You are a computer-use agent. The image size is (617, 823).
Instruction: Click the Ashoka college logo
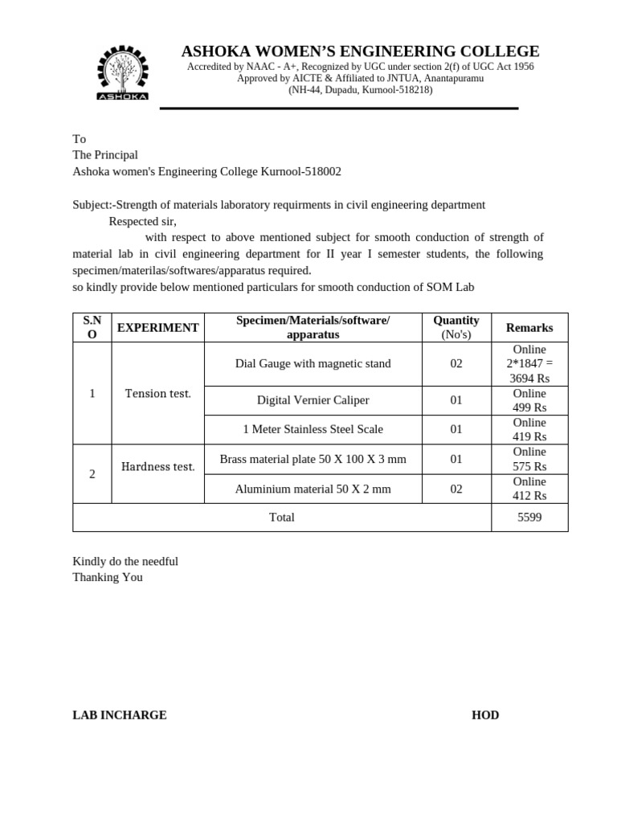tap(122, 73)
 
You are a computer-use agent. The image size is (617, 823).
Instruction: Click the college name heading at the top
tap(360, 51)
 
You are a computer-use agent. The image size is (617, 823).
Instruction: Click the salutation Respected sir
tap(142, 221)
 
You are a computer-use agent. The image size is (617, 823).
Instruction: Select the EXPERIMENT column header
tap(157, 328)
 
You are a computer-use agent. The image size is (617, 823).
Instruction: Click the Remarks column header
tap(529, 328)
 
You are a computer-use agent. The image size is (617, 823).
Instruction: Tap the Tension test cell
tap(157, 393)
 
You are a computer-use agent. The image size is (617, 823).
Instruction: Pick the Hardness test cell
tap(157, 466)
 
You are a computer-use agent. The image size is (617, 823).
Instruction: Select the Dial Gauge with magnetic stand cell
tap(313, 364)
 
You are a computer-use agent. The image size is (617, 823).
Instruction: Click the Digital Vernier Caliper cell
tap(313, 400)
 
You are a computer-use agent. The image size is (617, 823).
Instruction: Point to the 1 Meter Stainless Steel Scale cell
tap(313, 429)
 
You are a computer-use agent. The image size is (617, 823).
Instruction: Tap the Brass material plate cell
tap(313, 459)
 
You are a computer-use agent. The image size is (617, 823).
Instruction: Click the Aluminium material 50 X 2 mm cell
tap(313, 489)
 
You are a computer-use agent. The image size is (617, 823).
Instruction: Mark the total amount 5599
tap(529, 518)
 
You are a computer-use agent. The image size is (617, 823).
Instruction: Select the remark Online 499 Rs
tap(529, 400)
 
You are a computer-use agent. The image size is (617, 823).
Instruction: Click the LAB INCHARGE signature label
tap(120, 714)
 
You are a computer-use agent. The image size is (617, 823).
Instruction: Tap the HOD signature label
tap(484, 714)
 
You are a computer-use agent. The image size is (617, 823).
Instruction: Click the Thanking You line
tap(108, 577)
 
